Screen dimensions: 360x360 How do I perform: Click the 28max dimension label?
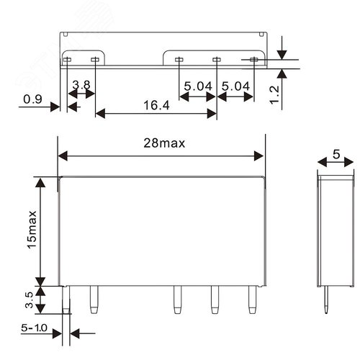point(164,143)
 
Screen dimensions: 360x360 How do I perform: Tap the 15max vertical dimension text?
point(32,230)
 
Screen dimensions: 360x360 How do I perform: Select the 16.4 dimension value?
point(156,105)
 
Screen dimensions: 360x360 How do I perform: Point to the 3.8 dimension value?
point(81,85)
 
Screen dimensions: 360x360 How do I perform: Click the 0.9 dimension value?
point(32,99)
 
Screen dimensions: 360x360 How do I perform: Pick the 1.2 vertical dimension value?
point(274,95)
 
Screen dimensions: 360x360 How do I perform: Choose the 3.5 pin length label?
point(29,300)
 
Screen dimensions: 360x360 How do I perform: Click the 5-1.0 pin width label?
point(34,328)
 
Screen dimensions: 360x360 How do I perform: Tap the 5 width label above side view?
point(336,154)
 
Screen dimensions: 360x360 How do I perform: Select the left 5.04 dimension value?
point(198,86)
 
